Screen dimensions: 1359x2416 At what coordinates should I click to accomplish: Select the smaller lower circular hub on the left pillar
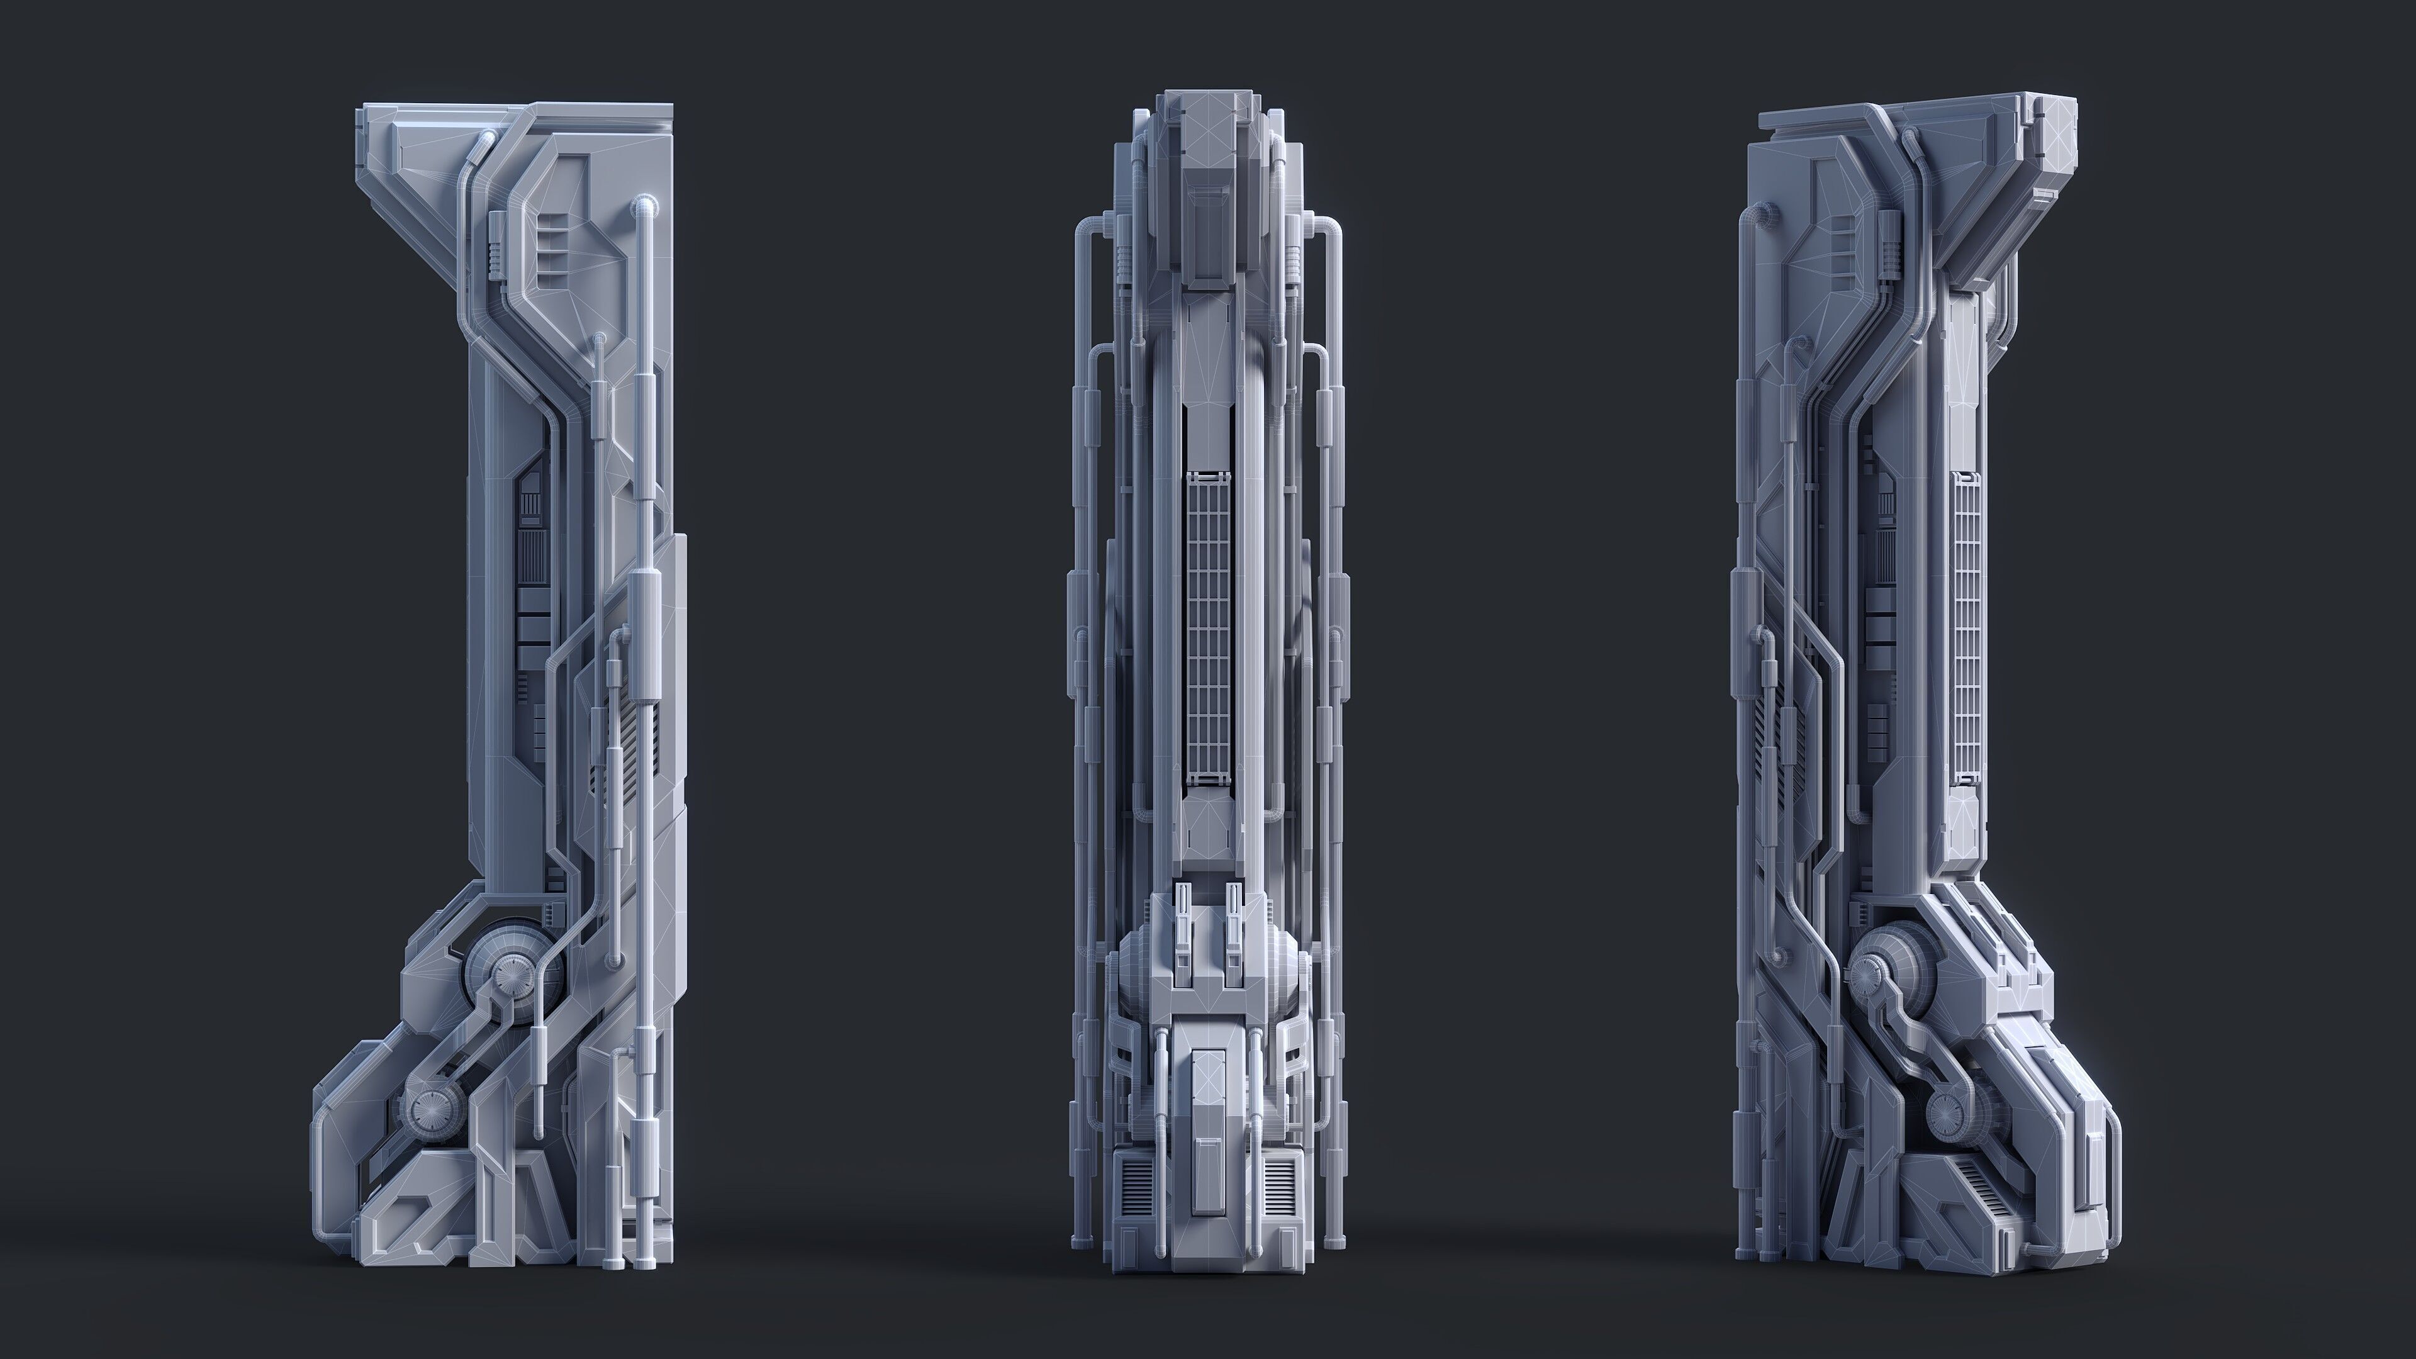coord(432,1110)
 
